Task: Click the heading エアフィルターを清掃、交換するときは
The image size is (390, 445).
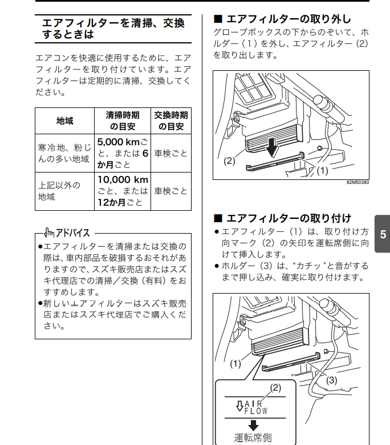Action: click(x=113, y=29)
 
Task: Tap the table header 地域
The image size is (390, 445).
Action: click(x=64, y=121)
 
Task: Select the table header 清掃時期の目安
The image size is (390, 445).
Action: click(x=123, y=121)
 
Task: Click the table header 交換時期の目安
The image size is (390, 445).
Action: click(x=170, y=121)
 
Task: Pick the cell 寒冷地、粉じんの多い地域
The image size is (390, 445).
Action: click(x=64, y=154)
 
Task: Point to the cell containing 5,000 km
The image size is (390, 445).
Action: click(x=123, y=153)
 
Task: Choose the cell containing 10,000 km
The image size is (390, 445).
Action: click(x=123, y=191)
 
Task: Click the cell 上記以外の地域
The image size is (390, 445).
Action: click(x=64, y=191)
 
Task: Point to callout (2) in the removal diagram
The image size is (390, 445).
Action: click(x=229, y=161)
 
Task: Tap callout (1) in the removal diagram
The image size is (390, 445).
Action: click(x=322, y=170)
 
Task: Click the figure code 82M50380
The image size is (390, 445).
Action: click(x=358, y=183)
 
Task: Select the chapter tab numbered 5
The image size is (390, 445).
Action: click(x=383, y=234)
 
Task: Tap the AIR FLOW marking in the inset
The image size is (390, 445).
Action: click(x=253, y=407)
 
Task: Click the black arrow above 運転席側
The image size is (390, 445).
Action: click(x=253, y=424)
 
